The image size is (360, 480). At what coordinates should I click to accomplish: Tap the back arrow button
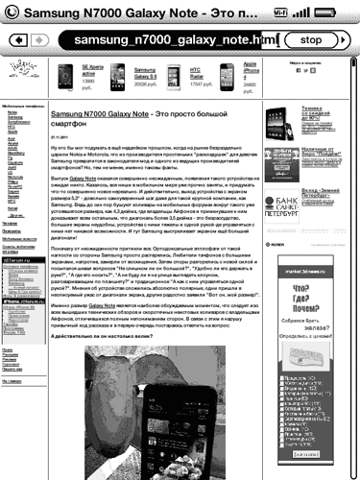click(19, 41)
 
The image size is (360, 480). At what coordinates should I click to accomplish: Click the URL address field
click(163, 41)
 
